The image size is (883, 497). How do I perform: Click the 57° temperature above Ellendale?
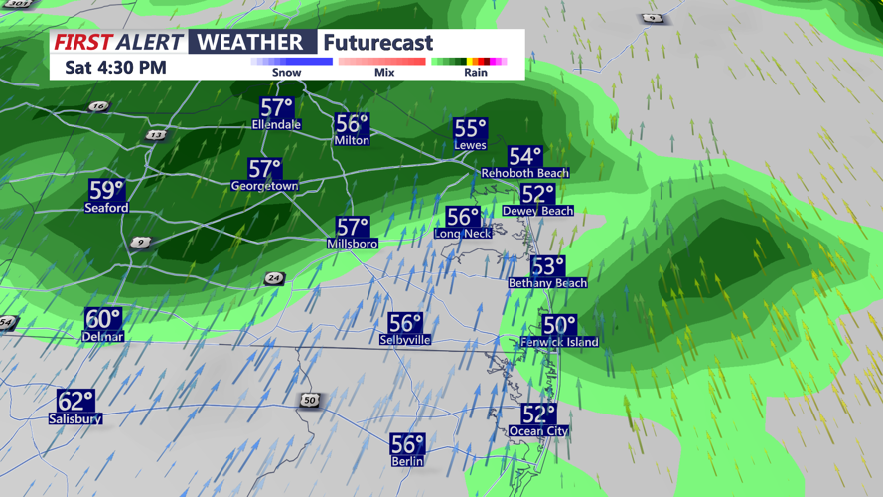pos(277,107)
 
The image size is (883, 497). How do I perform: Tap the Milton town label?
pos(352,141)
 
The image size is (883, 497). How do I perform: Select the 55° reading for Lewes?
pos(470,129)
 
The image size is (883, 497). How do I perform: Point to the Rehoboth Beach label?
pos(524,173)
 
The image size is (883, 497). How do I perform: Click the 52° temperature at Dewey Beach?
pos(537,194)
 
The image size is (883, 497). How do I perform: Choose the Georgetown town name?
pos(264,186)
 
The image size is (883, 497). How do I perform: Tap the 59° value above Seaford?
pos(106,190)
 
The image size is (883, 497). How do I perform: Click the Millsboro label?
pos(352,244)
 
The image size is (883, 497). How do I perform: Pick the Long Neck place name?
pos(463,234)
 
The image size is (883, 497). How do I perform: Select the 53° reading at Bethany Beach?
pos(547,266)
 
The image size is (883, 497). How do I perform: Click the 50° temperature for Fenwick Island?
pos(559,325)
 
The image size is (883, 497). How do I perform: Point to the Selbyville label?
pos(405,340)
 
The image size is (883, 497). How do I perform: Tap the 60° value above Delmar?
pos(102,319)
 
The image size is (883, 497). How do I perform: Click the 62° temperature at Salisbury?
pos(75,401)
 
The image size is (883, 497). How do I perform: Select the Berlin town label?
pos(407,462)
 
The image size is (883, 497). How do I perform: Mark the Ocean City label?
pos(538,431)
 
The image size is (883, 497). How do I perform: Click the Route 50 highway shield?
pos(310,401)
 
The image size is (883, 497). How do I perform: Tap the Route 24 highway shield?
pos(274,279)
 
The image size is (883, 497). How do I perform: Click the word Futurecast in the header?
pos(379,42)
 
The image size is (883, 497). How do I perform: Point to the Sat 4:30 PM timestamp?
pos(115,68)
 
